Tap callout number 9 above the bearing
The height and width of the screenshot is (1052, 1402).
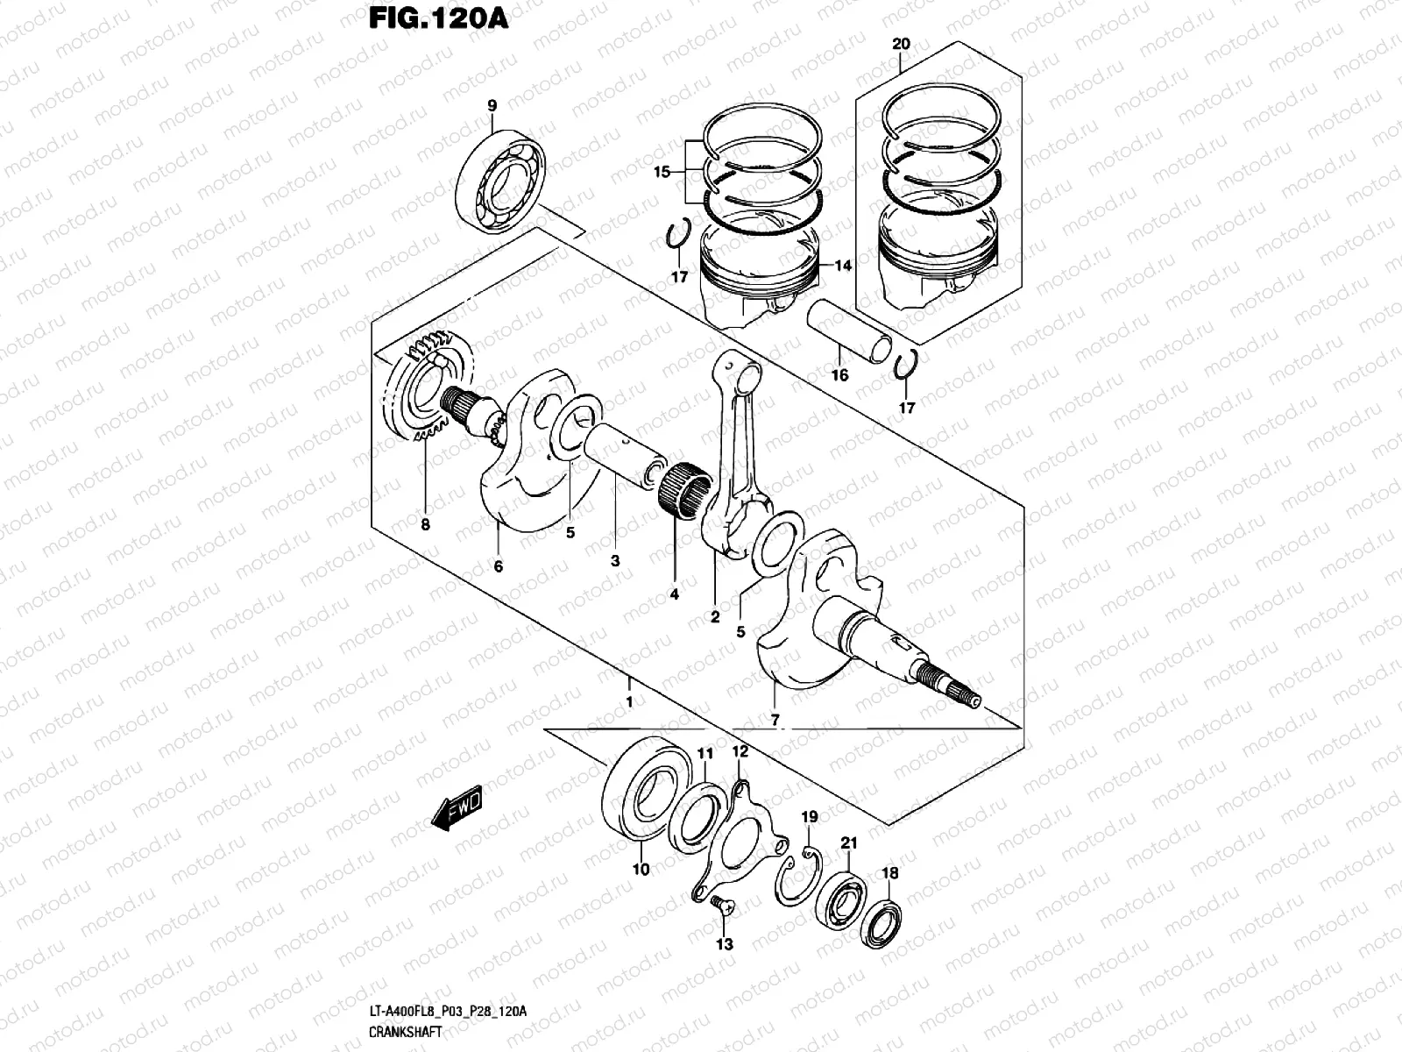point(492,106)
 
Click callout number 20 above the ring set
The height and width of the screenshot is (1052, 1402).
point(901,43)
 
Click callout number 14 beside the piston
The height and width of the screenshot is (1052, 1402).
point(842,266)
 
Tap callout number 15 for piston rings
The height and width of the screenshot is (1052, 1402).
point(662,173)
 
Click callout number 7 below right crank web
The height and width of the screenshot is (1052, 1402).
point(775,720)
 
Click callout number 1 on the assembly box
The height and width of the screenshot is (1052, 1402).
point(628,701)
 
